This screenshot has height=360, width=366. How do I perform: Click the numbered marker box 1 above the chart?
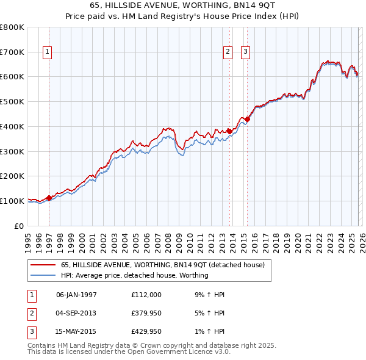48,52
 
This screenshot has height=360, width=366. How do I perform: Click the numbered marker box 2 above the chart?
228,52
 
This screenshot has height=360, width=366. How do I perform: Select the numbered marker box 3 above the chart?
246,52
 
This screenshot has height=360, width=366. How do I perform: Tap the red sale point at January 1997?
49,198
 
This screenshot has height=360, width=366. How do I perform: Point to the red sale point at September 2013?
229,131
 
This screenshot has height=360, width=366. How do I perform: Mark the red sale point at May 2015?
248,118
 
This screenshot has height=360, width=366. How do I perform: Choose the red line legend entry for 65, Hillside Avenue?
162,265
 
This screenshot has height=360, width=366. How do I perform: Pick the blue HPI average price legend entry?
134,275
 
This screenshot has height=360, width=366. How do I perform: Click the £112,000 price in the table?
146,295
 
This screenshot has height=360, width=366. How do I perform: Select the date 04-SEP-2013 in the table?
76,314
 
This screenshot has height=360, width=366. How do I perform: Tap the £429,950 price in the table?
146,333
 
